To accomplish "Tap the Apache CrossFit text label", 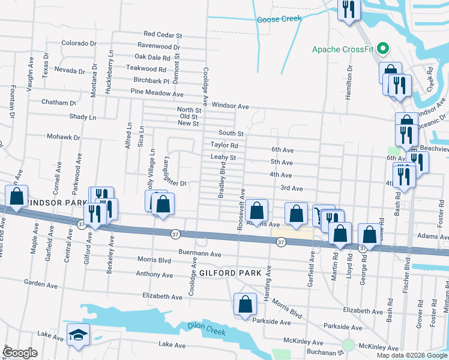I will pos(343,49).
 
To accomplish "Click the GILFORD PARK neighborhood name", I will pos(231,273).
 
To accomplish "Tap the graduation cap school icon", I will pos(77,334).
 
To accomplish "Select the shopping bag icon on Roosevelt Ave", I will pos(256,211).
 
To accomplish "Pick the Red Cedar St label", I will pos(162,35).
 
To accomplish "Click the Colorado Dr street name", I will pos(79,43).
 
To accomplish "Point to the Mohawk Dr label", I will pos(64,137).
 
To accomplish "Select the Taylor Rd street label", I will pos(224,145).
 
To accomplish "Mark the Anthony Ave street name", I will pos(154,275).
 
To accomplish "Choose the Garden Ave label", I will pos(40,281).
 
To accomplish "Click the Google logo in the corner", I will pos(20,353).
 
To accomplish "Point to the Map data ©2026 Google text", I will pos(411,355).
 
